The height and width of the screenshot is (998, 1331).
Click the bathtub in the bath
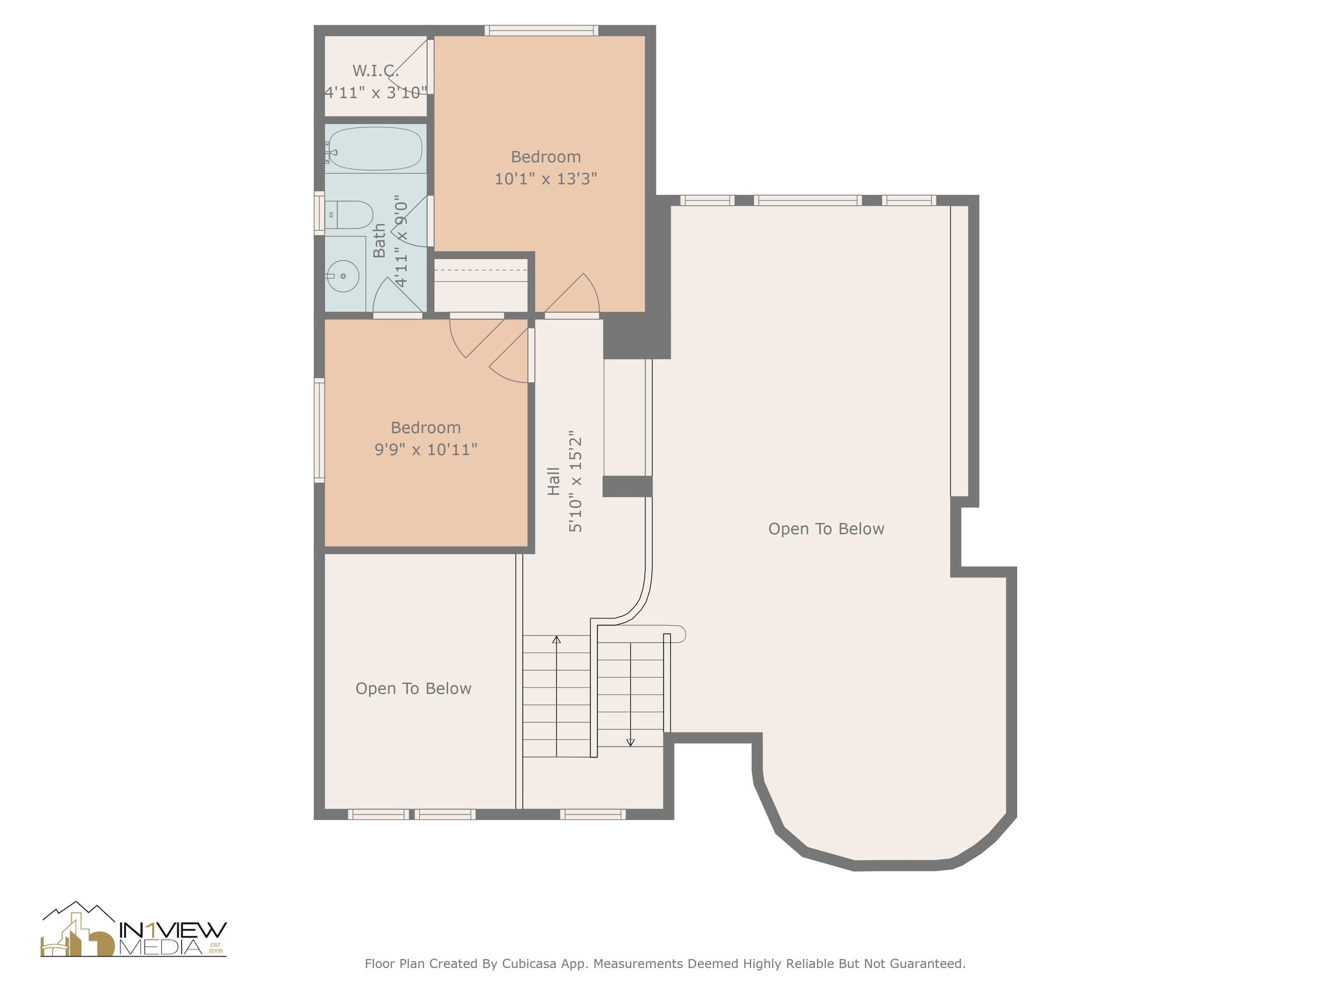(375, 149)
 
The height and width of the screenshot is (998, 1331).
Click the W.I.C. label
(376, 71)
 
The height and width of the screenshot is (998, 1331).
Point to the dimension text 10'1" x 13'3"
(546, 179)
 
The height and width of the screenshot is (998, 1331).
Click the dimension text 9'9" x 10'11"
(426, 450)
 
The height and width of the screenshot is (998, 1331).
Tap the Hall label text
(553, 481)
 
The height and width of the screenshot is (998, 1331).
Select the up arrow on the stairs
(556, 641)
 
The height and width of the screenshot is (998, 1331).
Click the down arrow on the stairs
(630, 741)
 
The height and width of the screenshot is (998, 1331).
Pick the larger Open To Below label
(826, 529)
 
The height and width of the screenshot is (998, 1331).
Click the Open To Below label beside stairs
(413, 689)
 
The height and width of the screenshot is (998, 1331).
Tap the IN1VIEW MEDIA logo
(134, 930)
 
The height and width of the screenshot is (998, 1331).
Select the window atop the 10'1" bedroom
(541, 30)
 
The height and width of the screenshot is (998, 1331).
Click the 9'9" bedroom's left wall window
(319, 430)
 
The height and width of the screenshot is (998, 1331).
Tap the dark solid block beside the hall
(636, 337)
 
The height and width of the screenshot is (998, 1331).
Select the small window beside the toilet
(319, 213)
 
